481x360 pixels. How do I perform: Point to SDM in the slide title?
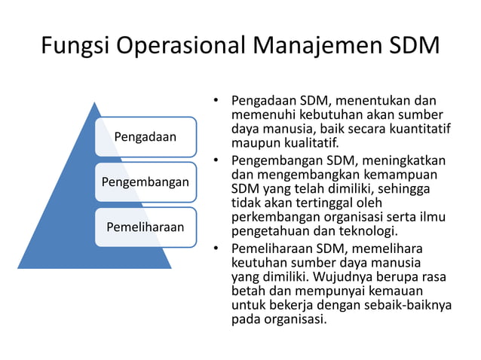[x=411, y=47]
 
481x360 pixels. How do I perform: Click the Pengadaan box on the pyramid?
[x=146, y=136]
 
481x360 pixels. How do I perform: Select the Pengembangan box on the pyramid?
[x=146, y=182]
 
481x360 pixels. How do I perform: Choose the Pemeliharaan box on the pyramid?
[x=146, y=226]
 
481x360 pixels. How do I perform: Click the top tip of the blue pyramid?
[x=95, y=103]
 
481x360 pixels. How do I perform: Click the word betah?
[x=247, y=291]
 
